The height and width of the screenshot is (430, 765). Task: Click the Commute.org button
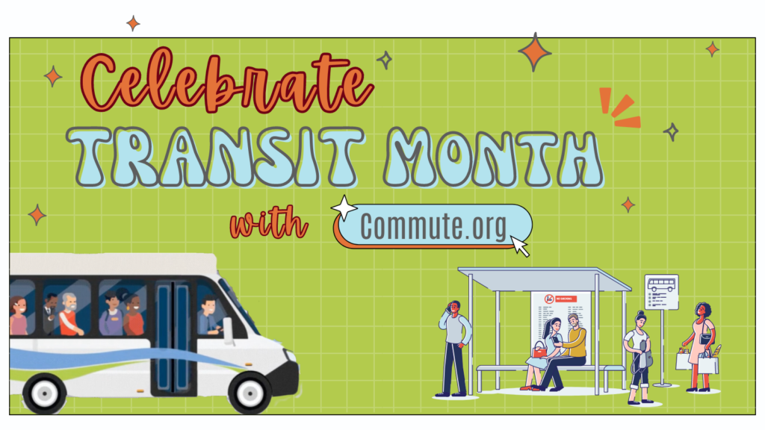click(433, 225)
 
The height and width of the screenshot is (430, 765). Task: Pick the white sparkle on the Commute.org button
click(344, 208)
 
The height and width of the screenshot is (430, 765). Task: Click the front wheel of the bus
click(251, 389)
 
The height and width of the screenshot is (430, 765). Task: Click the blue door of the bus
click(172, 336)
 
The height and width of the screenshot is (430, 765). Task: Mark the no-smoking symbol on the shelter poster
click(549, 298)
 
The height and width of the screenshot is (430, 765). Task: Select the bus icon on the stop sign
click(661, 284)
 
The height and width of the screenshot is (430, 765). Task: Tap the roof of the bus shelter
click(545, 278)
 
